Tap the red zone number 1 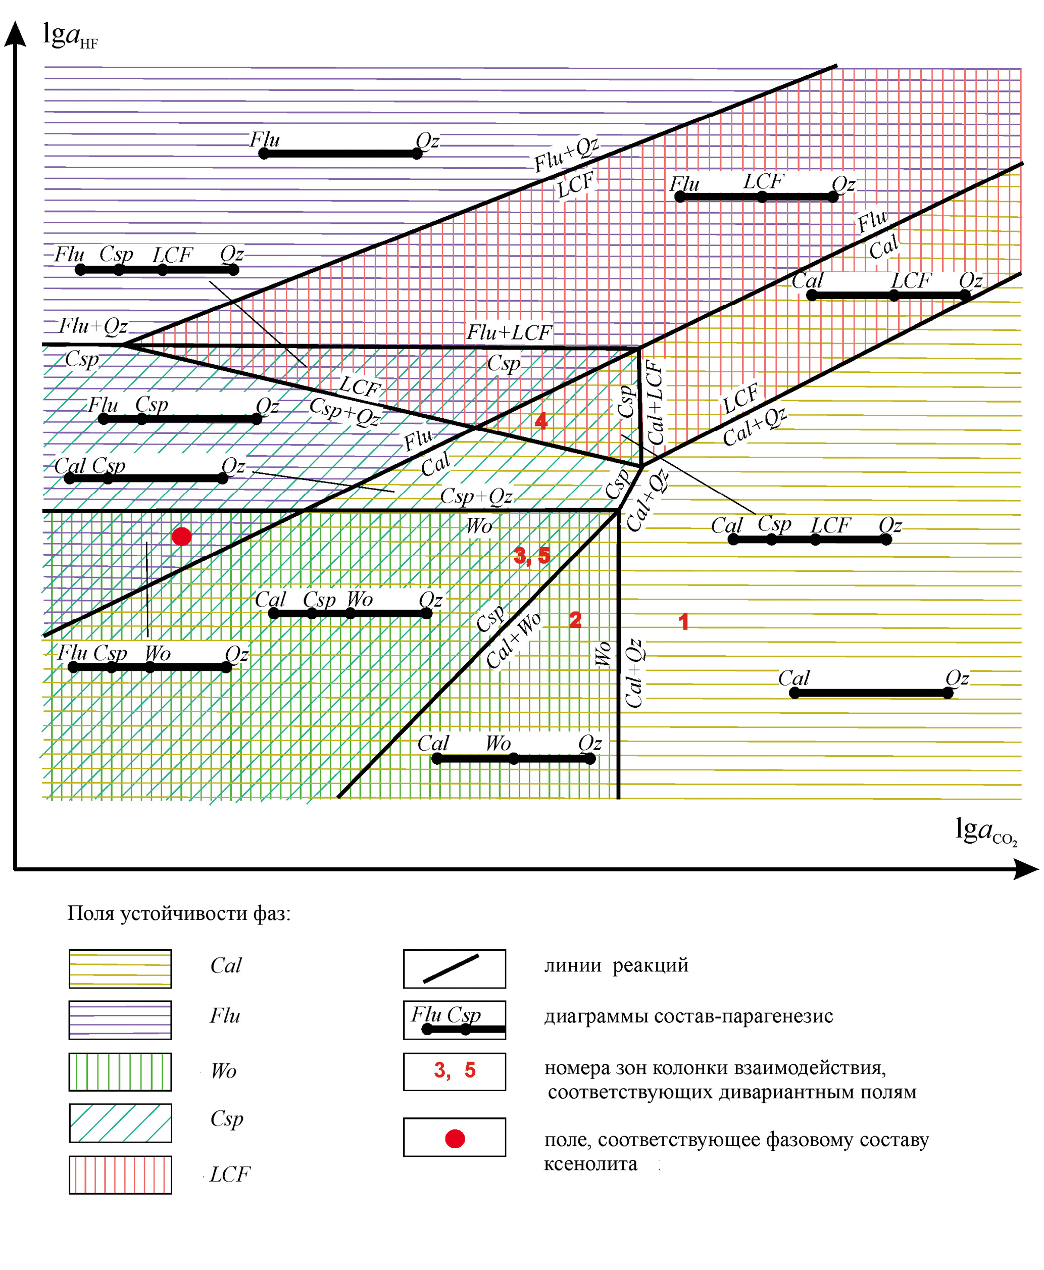click(x=683, y=621)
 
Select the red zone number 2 click(x=575, y=619)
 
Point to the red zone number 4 click(x=540, y=421)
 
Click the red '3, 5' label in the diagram click(x=532, y=556)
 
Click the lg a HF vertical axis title click(x=70, y=36)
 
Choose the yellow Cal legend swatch click(x=120, y=969)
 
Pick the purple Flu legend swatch click(x=120, y=1020)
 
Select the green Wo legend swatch click(x=120, y=1071)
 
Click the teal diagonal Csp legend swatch click(x=120, y=1122)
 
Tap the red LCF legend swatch click(x=120, y=1175)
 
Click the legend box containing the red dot click(x=454, y=1137)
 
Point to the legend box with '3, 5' click(x=454, y=1071)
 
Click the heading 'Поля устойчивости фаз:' click(x=179, y=913)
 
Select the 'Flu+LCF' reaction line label click(x=509, y=332)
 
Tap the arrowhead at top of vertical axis click(x=15, y=33)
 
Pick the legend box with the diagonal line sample click(x=454, y=969)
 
